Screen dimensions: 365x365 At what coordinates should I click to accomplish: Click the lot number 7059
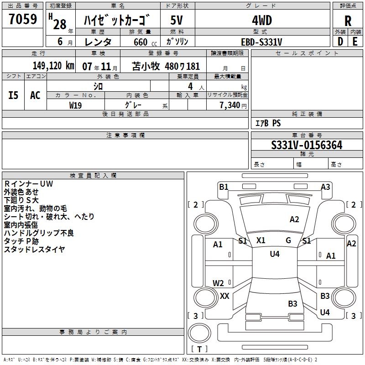pyautogui.click(x=23, y=21)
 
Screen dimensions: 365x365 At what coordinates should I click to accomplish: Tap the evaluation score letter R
pyautogui.click(x=348, y=21)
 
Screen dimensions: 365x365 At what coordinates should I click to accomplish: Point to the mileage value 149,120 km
pyautogui.click(x=53, y=66)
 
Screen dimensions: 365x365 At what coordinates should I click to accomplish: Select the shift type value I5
pyautogui.click(x=14, y=95)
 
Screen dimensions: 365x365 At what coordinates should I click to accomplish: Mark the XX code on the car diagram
pyautogui.click(x=224, y=296)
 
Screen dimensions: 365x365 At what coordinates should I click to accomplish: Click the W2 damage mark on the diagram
pyautogui.click(x=218, y=283)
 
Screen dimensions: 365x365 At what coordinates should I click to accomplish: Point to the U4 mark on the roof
pyautogui.click(x=274, y=254)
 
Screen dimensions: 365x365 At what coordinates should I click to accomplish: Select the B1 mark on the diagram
pyautogui.click(x=224, y=187)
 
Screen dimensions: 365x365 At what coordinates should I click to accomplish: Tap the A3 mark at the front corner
pyautogui.click(x=325, y=187)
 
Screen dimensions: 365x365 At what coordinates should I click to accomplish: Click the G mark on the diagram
pyautogui.click(x=288, y=240)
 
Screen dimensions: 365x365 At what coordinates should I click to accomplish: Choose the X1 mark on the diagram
pyautogui.click(x=261, y=240)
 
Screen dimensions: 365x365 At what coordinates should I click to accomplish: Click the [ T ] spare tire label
pyautogui.click(x=199, y=349)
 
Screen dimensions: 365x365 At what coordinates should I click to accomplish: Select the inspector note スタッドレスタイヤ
pyautogui.click(x=34, y=249)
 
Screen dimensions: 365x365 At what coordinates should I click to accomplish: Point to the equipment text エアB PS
pyautogui.click(x=268, y=123)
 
